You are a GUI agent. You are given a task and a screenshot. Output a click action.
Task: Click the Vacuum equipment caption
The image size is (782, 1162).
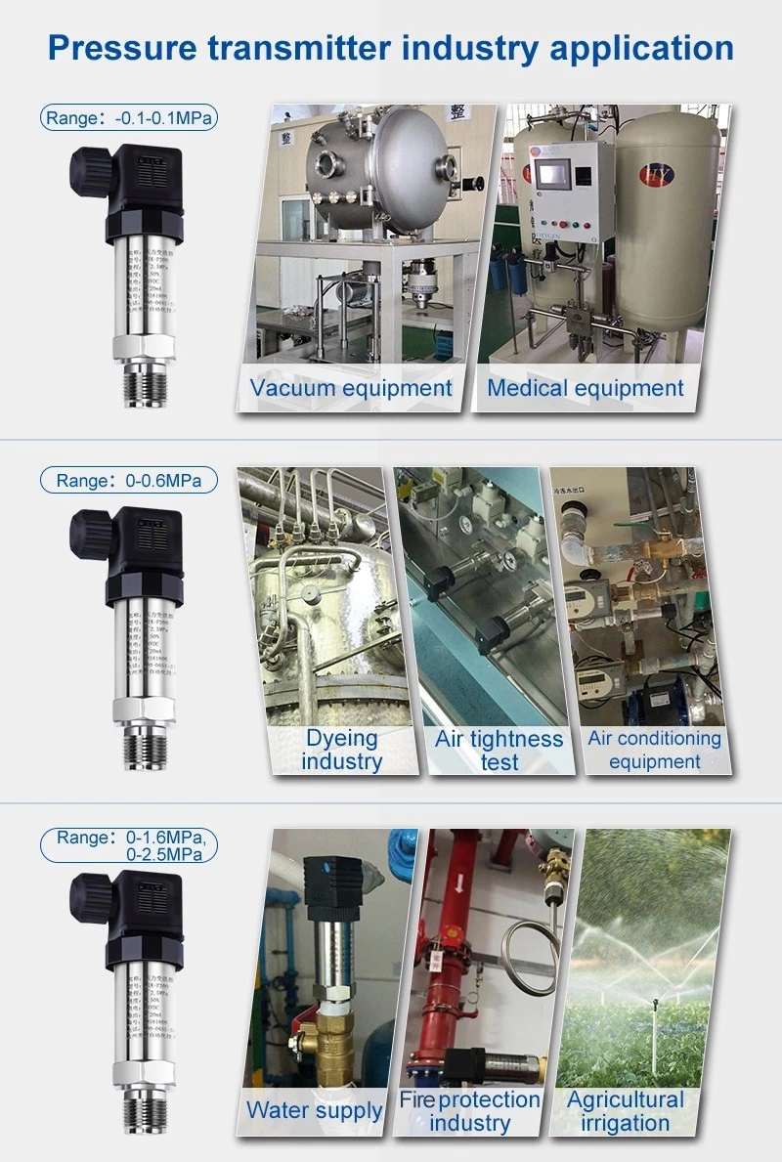351,388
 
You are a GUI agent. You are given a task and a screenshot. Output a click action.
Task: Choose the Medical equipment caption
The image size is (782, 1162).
586,388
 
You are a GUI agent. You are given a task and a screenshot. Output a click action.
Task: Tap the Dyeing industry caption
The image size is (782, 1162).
341,750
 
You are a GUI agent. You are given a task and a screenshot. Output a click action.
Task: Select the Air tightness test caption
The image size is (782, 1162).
499,750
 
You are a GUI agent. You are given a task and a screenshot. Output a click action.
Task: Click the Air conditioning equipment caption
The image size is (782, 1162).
654,750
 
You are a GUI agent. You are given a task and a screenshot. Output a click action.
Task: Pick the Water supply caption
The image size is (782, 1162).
315,1109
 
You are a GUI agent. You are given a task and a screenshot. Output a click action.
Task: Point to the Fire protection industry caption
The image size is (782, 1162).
469,1111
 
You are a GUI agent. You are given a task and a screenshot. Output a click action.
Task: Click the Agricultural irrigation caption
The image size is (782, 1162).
626,1111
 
